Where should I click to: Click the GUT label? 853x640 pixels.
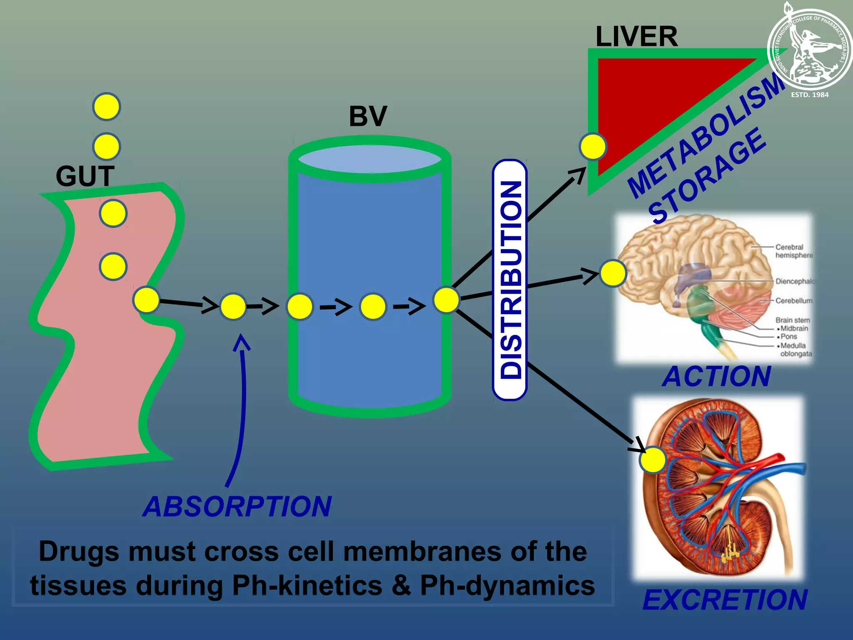point(85,176)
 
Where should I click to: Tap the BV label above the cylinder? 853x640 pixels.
point(368,116)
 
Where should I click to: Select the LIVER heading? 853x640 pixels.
point(636,37)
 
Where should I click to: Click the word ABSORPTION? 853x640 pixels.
point(237,507)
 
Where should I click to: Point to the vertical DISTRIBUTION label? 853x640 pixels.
point(510,280)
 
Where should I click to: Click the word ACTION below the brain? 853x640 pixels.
point(716,377)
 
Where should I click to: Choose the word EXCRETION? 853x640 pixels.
point(725,600)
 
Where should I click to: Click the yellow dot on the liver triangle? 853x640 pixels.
point(593,147)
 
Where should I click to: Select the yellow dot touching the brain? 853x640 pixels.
point(613,273)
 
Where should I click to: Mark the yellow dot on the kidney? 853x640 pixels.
point(653,460)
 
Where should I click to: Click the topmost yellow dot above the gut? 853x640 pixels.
point(107,107)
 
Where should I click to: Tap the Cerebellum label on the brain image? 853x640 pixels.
point(793,300)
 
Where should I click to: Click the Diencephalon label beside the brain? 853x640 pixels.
point(793,281)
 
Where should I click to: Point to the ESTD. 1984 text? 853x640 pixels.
point(810,95)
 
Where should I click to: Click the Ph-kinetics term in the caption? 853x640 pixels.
point(307,585)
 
